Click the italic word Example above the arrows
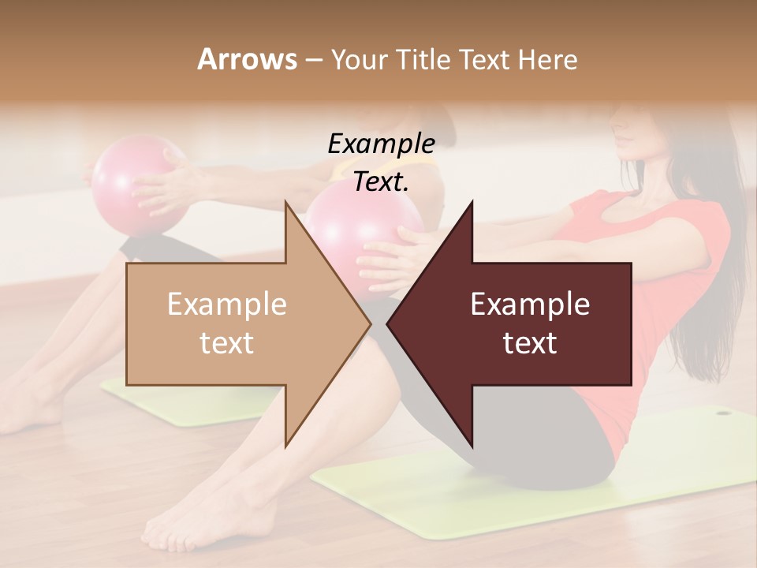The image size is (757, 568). (381, 144)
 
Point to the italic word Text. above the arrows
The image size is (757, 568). (381, 182)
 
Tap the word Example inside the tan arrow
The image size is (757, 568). (227, 305)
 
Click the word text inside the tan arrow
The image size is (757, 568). (227, 343)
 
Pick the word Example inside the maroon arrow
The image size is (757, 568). (530, 305)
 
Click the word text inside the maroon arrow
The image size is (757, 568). (530, 343)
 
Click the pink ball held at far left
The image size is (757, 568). (126, 181)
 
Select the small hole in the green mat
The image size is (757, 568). (723, 412)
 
